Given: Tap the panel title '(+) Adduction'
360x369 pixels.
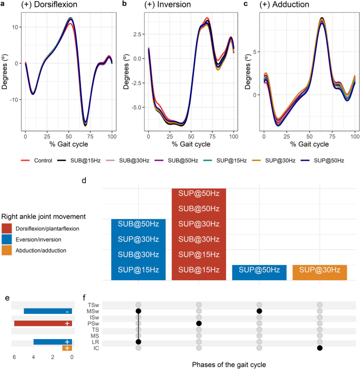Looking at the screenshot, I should (x=286, y=5).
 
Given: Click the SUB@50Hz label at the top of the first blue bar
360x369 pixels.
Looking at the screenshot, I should (x=138, y=224).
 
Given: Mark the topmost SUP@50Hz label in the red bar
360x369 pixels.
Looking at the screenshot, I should (x=199, y=194).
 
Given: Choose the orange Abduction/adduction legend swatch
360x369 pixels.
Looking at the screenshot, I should (x=7, y=250).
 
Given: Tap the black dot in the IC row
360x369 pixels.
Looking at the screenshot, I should (x=320, y=348).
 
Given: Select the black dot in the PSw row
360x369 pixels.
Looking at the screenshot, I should (x=199, y=323).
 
